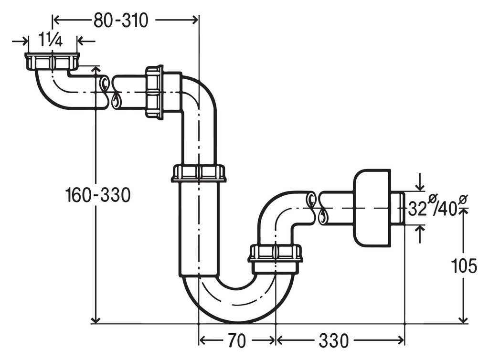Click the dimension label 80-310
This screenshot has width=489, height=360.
[121, 21]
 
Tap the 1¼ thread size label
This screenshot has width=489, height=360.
[51, 40]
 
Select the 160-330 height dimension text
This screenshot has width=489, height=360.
[98, 195]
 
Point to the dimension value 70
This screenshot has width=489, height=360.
[237, 340]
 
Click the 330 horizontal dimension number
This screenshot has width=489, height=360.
[333, 340]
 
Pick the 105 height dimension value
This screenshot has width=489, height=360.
[464, 266]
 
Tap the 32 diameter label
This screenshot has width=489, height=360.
[418, 209]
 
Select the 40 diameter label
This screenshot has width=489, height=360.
[448, 209]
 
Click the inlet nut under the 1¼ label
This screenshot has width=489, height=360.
[53, 62]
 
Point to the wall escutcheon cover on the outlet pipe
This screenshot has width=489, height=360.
[372, 208]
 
